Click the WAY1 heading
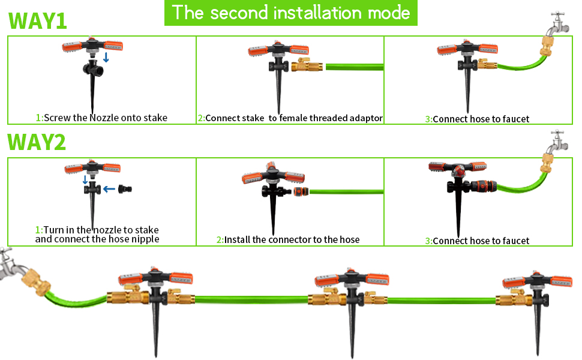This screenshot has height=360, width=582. (x=37, y=19)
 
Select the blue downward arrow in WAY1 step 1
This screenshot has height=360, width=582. (x=106, y=57)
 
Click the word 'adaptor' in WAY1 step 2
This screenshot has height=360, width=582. (x=362, y=118)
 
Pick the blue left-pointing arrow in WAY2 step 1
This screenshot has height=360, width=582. (x=109, y=189)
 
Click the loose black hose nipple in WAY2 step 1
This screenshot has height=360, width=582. (x=125, y=189)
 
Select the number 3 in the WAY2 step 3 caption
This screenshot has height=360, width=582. (x=428, y=241)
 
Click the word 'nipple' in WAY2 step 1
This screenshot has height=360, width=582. (x=146, y=239)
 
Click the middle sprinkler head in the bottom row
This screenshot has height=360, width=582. (x=349, y=280)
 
